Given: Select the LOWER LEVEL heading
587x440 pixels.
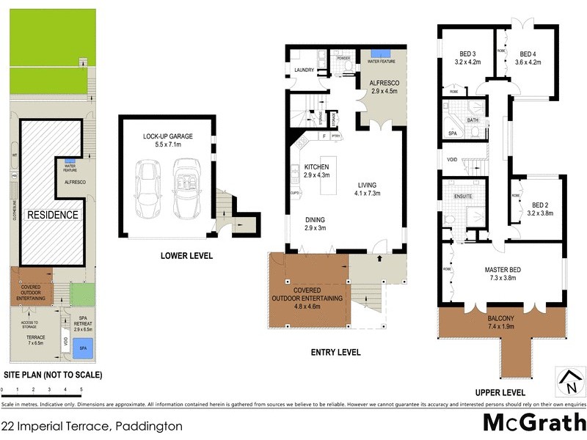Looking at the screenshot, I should pos(186,256).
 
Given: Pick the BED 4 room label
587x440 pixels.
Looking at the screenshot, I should pos(530,58).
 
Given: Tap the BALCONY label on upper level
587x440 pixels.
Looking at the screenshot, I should pos(503,319).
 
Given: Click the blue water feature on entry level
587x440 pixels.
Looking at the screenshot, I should pos(381,54).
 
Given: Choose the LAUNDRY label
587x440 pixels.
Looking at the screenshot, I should pos(304,70).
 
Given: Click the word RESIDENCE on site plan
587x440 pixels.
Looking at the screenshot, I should pos(52,215).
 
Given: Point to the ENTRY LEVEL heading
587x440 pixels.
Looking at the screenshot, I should pos(335,352).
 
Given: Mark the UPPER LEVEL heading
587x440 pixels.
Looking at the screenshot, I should pos(500,392).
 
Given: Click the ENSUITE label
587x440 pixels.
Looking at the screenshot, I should pos(462,197).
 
